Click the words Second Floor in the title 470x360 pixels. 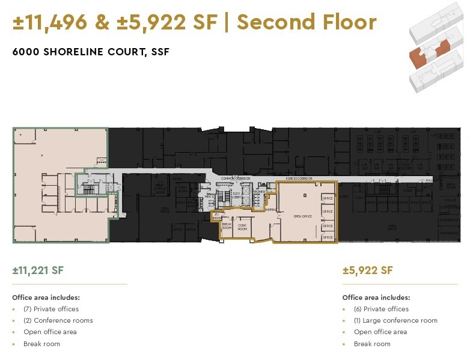pyautogui.click(x=307, y=22)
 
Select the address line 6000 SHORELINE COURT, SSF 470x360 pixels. pyautogui.click(x=91, y=52)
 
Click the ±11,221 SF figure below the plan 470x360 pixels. pyautogui.click(x=38, y=270)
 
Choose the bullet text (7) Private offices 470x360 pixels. pyautogui.click(x=51, y=309)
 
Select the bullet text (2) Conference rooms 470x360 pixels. pyautogui.click(x=58, y=320)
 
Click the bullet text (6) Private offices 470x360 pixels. pyautogui.click(x=381, y=309)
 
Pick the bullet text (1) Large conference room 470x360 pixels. pyautogui.click(x=395, y=320)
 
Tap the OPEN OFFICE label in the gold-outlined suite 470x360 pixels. pyautogui.click(x=302, y=216)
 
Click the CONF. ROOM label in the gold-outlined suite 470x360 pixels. pyautogui.click(x=242, y=227)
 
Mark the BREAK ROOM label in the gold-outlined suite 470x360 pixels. pyautogui.click(x=227, y=227)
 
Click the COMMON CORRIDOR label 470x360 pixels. pyautogui.click(x=235, y=178)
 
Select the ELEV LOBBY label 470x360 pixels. pyautogui.click(x=236, y=195)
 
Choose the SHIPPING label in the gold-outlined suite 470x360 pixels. pyautogui.click(x=270, y=210)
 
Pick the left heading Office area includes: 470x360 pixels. pyautogui.click(x=46, y=297)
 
